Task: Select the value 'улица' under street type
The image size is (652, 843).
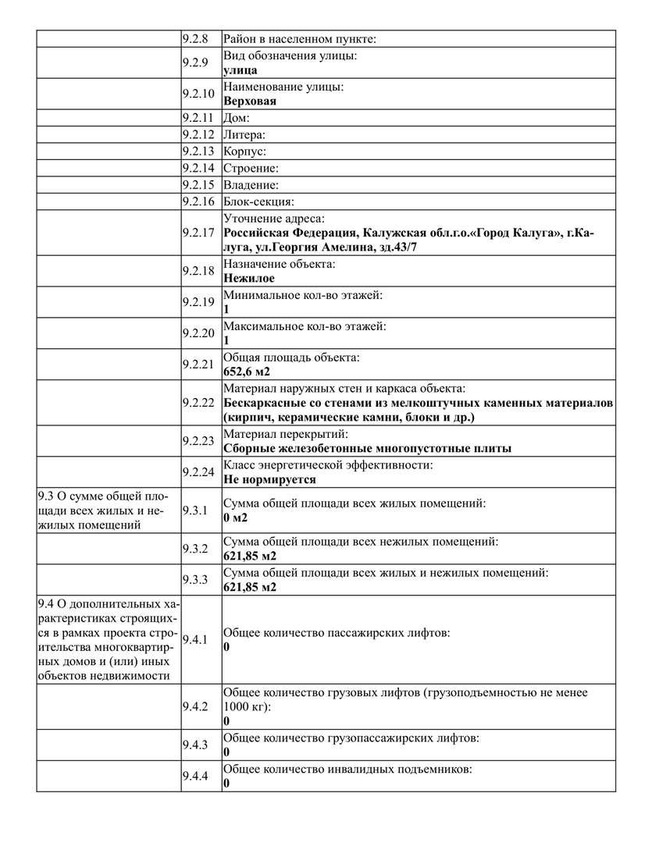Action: point(240,69)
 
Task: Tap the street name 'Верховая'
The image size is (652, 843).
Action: point(250,101)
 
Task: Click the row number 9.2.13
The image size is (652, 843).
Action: point(198,151)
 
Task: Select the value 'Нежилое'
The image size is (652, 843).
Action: point(248,278)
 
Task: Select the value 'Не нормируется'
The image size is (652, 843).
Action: point(269,479)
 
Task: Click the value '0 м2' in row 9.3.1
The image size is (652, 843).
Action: point(236,518)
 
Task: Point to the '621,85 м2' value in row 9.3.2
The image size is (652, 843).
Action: point(250,556)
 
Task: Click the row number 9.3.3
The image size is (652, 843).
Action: point(194,580)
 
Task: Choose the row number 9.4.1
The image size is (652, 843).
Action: point(194,640)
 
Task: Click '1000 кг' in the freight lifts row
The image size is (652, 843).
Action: point(244,706)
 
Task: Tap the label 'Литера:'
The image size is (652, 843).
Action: point(244,135)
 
